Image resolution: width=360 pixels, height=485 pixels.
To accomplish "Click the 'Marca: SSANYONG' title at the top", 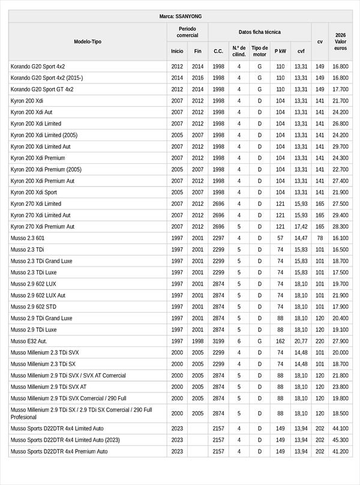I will (179, 16).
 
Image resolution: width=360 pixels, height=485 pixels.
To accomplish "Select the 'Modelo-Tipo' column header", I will (88, 41).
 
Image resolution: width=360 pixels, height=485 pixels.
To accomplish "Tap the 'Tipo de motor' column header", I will (260, 51).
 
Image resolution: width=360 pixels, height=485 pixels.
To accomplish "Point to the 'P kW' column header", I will (280, 51).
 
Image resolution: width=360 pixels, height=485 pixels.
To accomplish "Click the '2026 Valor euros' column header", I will (340, 41).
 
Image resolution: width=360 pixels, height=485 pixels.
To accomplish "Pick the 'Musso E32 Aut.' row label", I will (29, 341).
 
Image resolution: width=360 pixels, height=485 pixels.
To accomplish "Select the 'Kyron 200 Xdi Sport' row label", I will (34, 192).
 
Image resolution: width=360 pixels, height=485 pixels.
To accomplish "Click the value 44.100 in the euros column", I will (340, 429).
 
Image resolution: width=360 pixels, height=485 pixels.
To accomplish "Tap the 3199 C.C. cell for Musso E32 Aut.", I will (218, 341).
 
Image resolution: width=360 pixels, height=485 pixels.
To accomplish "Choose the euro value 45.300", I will (340, 440).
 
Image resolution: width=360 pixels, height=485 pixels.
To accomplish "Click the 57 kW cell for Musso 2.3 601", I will (280, 238).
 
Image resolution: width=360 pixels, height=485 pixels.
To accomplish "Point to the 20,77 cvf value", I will (301, 341).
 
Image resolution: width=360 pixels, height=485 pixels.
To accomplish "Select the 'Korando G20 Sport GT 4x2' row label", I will (42, 89).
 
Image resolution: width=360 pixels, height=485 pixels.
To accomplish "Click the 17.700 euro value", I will (340, 89).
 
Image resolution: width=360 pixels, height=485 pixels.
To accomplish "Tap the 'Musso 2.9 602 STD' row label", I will (34, 307).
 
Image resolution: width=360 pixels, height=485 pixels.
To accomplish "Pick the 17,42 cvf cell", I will (301, 227).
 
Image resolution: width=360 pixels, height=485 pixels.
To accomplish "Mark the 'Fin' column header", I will (198, 51).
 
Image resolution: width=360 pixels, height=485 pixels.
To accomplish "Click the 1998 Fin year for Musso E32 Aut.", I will (198, 341).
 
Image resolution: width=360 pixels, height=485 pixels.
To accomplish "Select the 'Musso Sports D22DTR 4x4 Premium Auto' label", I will (59, 451).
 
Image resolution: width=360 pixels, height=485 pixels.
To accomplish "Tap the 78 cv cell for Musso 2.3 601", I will (320, 238).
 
